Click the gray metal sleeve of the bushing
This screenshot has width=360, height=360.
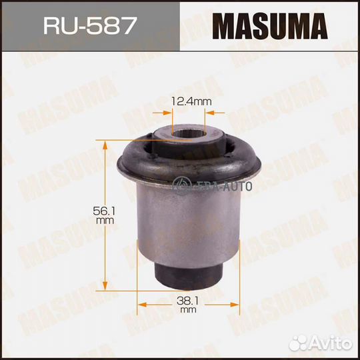[x=188, y=220]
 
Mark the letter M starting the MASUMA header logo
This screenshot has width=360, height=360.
[x=224, y=25]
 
